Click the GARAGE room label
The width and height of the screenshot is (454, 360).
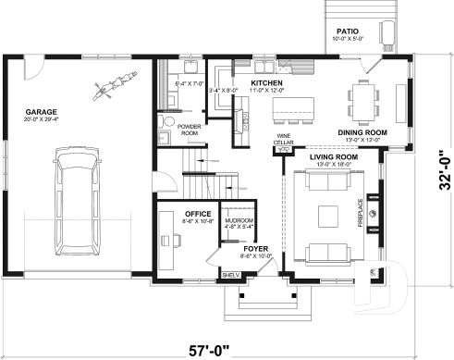(x=42, y=113)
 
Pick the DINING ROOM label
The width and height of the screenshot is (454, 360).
(x=361, y=132)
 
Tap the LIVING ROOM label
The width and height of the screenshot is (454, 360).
(x=333, y=157)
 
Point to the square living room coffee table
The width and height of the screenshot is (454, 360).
(x=328, y=216)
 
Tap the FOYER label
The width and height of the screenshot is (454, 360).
(x=254, y=248)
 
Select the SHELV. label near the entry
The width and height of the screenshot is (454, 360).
(x=230, y=274)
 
